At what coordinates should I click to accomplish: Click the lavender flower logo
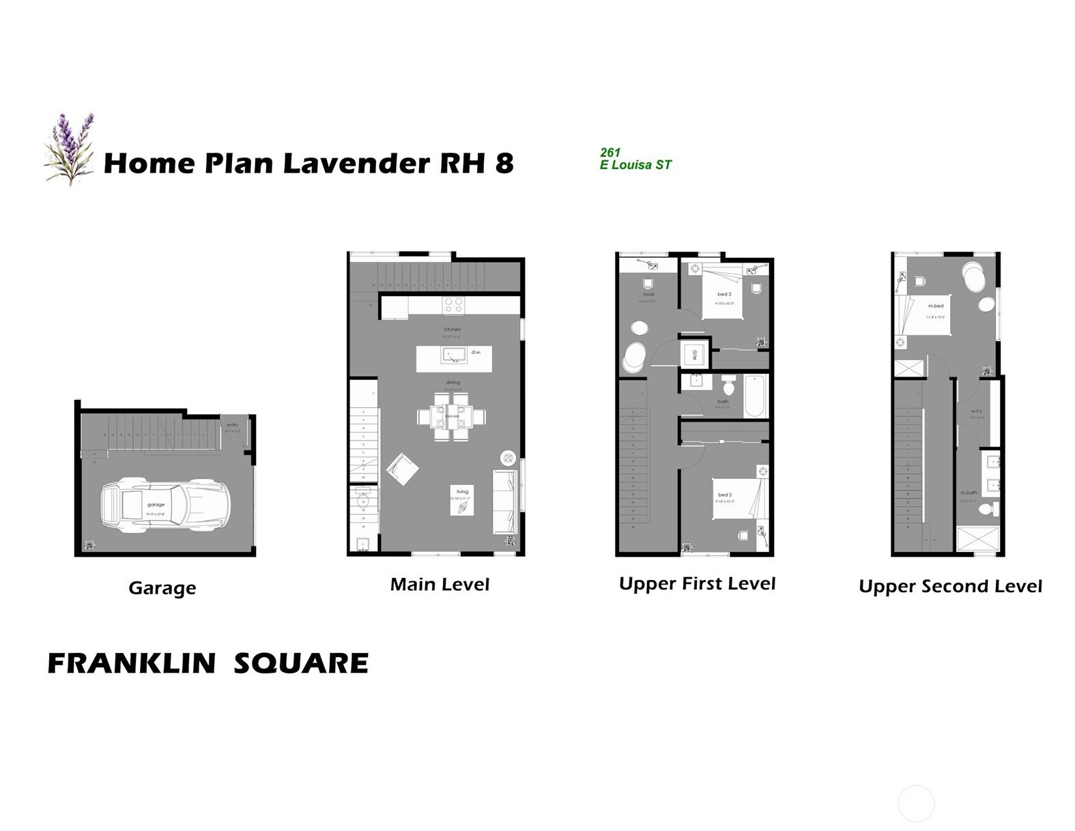69,149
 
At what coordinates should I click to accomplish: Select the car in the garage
164,506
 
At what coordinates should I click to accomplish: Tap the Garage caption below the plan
162,588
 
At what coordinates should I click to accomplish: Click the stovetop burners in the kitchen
453,305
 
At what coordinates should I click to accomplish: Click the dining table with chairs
452,415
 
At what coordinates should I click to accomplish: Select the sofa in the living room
504,501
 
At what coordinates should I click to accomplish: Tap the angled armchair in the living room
402,469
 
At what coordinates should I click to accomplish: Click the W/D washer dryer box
694,355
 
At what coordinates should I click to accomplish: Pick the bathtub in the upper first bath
755,396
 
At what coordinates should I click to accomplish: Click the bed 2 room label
724,495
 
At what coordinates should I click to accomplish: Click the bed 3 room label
723,294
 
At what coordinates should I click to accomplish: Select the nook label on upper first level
648,294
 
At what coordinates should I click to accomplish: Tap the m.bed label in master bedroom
935,306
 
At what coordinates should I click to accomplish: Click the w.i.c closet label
977,411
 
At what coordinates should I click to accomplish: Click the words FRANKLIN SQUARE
207,663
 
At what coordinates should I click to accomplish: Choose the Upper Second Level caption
949,586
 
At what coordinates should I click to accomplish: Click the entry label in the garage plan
232,424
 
